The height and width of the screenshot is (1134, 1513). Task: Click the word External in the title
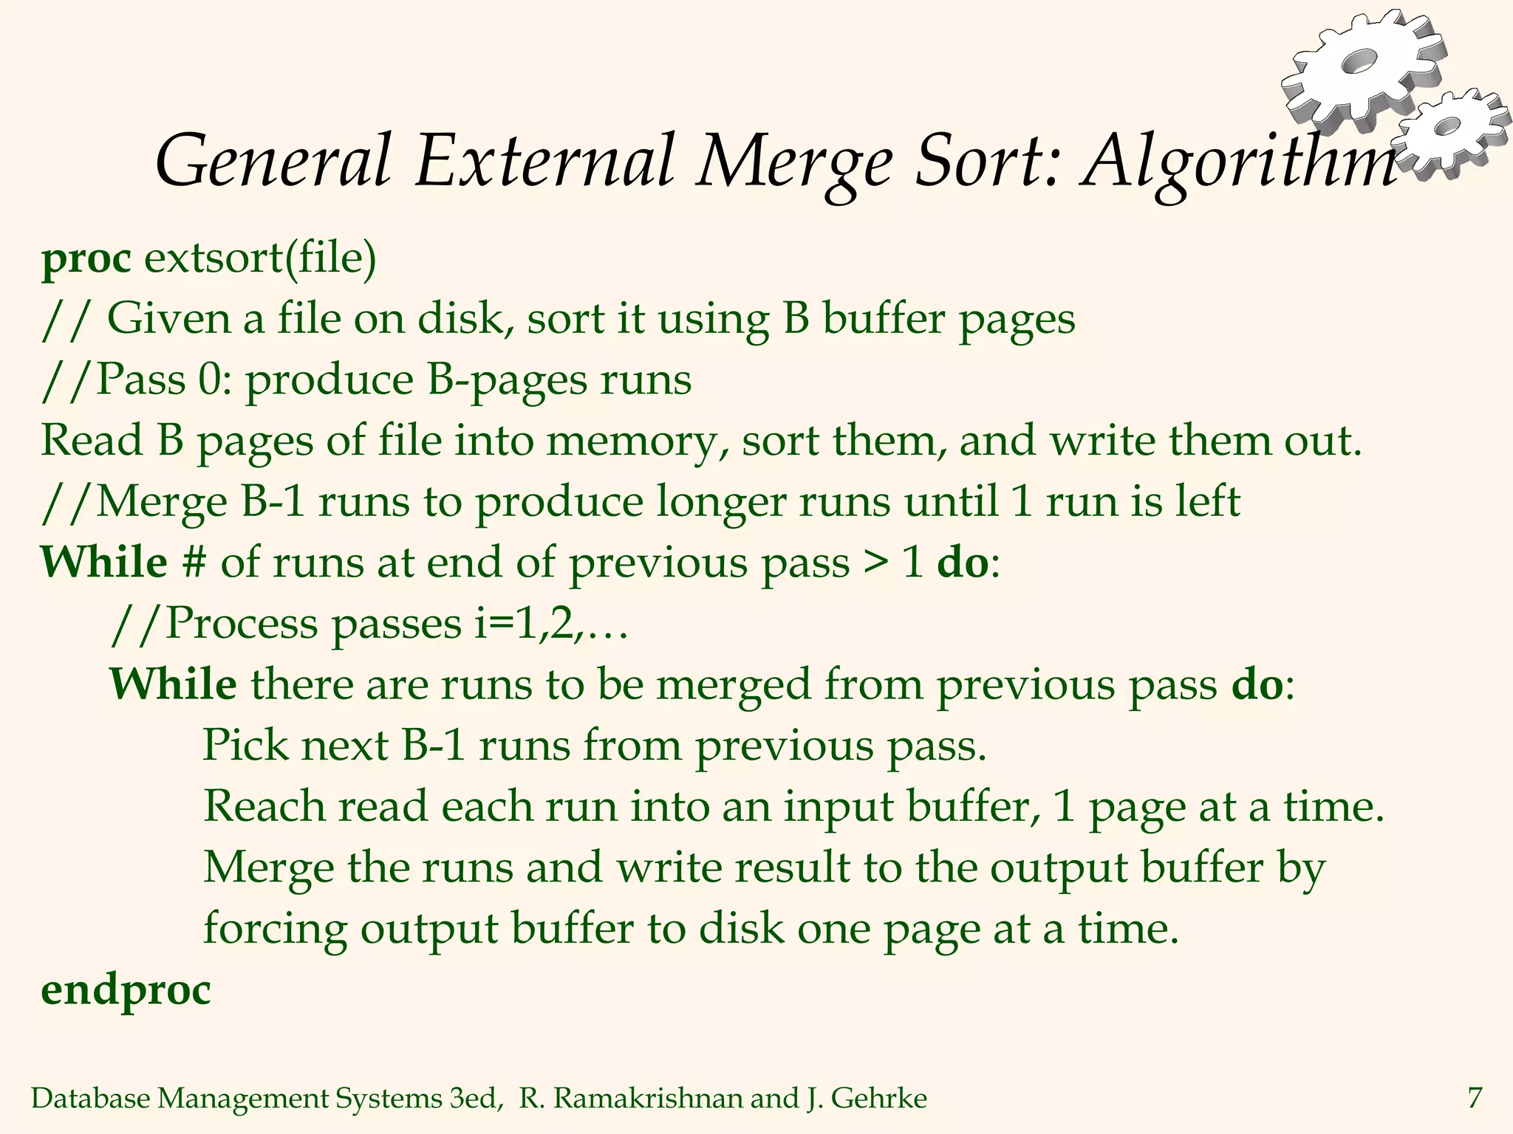click(545, 161)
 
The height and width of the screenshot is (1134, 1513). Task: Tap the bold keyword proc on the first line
click(86, 260)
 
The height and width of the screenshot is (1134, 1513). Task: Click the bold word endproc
click(126, 991)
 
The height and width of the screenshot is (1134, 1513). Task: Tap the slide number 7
click(1474, 1098)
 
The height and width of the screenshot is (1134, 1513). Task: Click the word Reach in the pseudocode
click(264, 805)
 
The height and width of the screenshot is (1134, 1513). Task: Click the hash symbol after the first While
click(194, 563)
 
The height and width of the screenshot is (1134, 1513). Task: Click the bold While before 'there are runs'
click(173, 684)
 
